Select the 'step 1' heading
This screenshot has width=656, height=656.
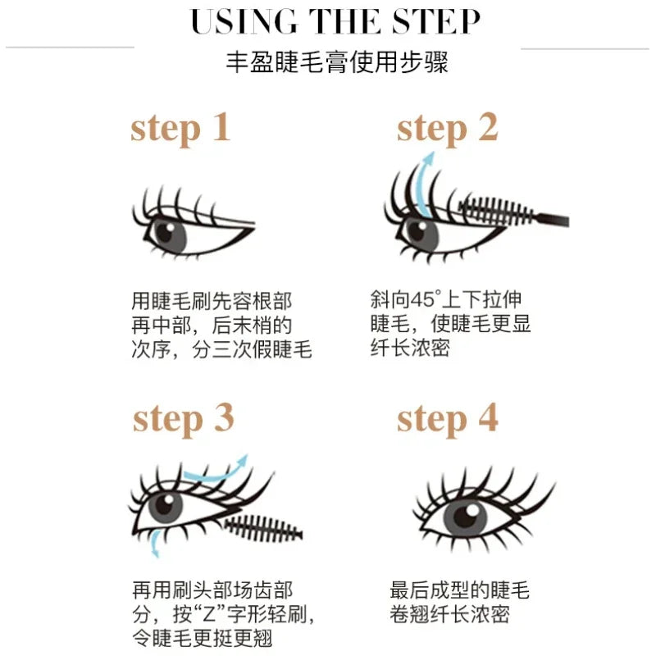coord(180,129)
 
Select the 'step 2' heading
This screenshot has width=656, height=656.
coord(447,129)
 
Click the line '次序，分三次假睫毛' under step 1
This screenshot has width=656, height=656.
coord(221,350)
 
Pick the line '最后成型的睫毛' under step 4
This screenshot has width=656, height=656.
coord(459,590)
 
